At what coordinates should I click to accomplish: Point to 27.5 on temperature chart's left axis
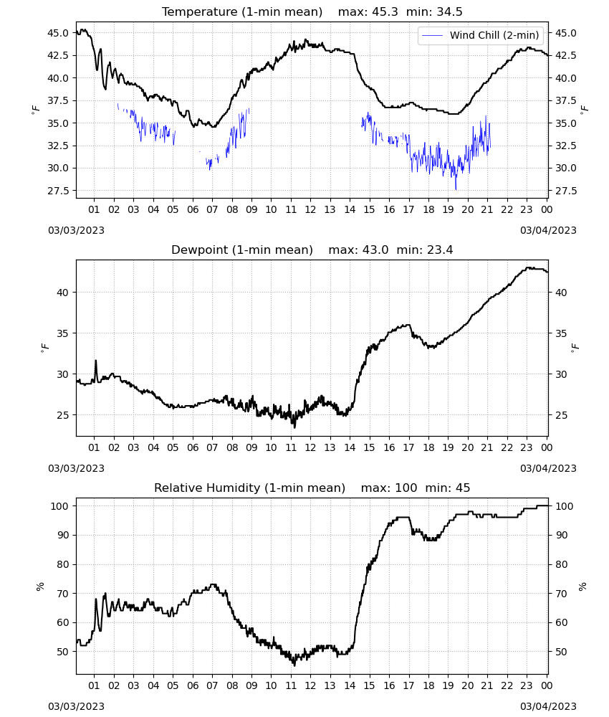[57, 191]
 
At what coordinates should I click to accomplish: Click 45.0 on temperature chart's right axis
[565, 33]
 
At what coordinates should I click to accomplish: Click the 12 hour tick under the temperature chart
[310, 209]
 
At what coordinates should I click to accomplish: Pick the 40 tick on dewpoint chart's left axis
[63, 293]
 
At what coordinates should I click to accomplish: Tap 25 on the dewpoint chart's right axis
[561, 415]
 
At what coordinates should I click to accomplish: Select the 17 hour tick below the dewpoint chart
[408, 447]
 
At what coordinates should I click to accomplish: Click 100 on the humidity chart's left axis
[60, 506]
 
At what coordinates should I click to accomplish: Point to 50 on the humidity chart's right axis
[561, 652]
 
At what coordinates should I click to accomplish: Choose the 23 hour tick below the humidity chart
[527, 685]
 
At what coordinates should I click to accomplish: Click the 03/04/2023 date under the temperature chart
[548, 230]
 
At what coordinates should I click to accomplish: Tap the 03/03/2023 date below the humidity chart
[76, 706]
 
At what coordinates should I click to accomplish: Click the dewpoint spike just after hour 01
[96, 361]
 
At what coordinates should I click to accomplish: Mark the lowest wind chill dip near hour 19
[456, 189]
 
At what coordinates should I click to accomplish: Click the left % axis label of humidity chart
[40, 587]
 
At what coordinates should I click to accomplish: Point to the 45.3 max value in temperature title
[385, 12]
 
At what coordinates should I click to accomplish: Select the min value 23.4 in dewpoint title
[440, 250]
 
